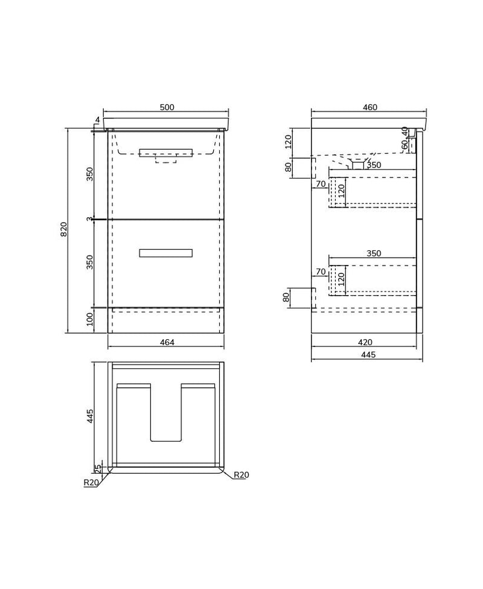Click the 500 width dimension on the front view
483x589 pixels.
coord(167,107)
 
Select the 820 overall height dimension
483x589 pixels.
coord(64,229)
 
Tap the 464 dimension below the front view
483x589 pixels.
coord(167,342)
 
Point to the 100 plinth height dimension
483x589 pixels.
coord(90,319)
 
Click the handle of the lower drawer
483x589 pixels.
coord(165,253)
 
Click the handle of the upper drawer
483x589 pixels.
coord(165,153)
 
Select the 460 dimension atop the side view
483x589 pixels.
coord(369,107)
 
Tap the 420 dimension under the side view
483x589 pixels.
coord(365,342)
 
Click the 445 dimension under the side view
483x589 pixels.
coord(368,355)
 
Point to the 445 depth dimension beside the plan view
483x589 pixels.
coord(90,416)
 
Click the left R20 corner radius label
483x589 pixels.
coord(91,482)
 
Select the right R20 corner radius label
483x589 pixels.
coord(241,475)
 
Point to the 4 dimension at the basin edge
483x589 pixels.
coord(97,120)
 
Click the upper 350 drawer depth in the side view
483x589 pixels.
coord(374,165)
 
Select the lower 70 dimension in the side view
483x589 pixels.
coord(321,272)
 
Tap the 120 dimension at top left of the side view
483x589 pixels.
coord(289,142)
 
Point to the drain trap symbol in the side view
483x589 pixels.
coord(357,164)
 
